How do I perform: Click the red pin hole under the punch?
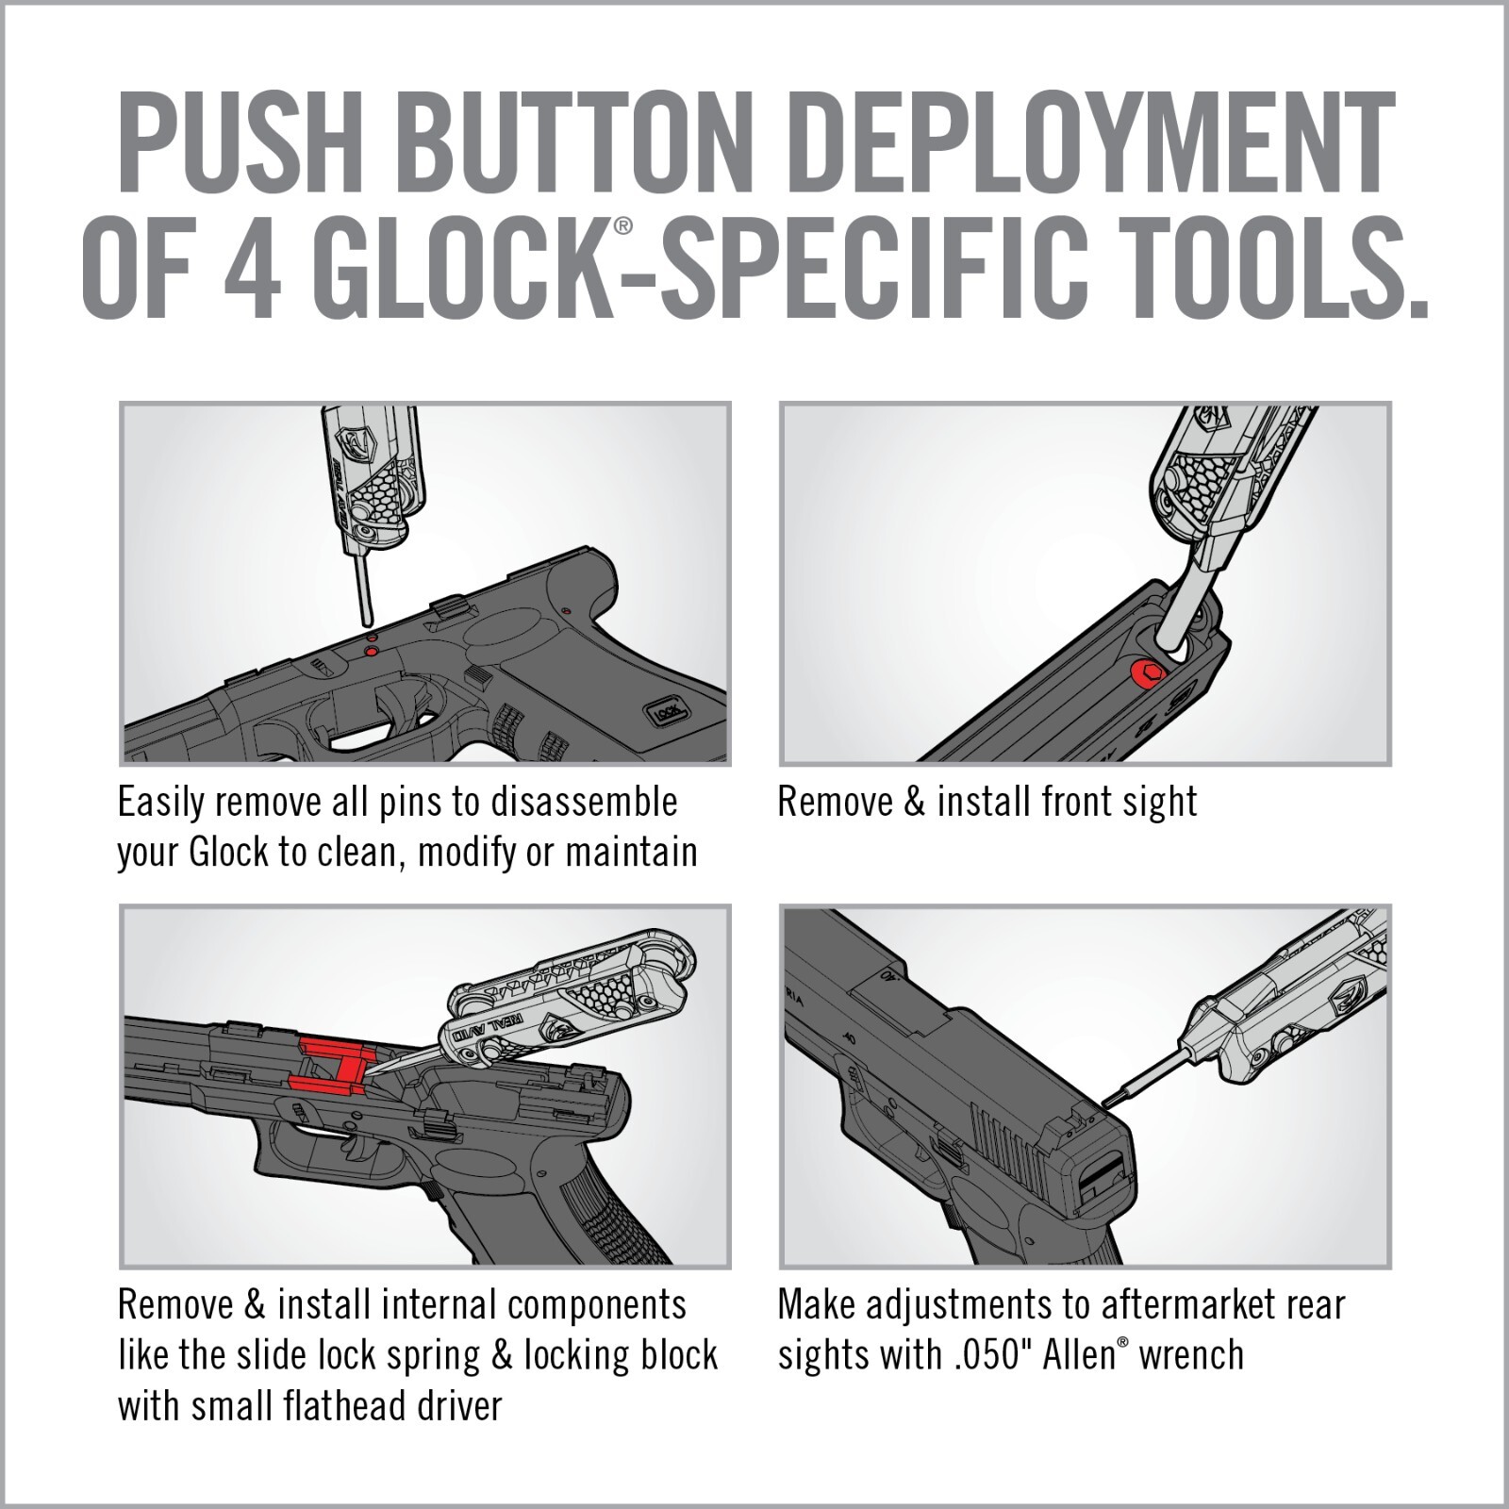[371, 650]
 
